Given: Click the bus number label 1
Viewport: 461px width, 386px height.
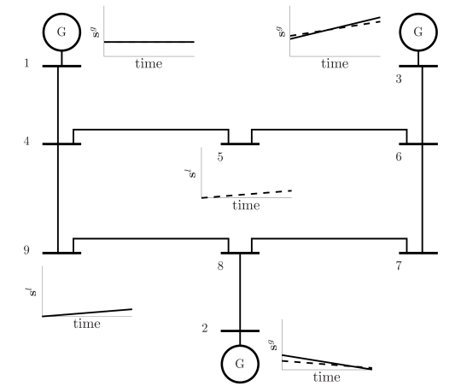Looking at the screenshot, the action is click(26, 63).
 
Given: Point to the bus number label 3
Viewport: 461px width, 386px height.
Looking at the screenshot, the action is click(399, 79).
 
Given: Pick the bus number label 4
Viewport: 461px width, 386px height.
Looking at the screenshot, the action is click(26, 142).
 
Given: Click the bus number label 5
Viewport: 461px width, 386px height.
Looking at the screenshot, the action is click(220, 157).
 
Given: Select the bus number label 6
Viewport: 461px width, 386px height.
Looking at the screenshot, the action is click(399, 157).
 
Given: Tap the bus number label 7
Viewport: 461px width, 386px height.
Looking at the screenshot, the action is click(399, 266).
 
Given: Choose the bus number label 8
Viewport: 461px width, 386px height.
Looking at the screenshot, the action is click(220, 266).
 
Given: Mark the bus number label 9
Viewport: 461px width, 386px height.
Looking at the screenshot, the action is click(26, 250).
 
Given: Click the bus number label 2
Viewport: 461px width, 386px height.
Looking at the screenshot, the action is click(205, 328).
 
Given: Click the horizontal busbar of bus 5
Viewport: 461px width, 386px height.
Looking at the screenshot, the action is click(240, 143).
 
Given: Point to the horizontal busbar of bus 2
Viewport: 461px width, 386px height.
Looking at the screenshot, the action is click(240, 331).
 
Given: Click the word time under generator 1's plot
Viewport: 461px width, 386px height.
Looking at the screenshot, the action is click(149, 63).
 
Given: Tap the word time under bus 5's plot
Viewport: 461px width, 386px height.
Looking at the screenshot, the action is click(246, 205).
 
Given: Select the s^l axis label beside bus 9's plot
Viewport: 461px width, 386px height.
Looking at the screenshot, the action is click(32, 292).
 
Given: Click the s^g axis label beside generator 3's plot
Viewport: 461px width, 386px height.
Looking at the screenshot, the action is click(281, 32).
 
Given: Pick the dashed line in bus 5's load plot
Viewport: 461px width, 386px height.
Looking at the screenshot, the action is click(247, 194).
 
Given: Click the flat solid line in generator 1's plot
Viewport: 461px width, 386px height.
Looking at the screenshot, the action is click(149, 42).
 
